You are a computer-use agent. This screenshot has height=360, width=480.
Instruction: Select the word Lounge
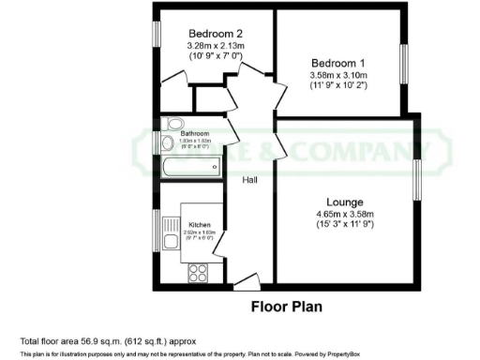click(345, 202)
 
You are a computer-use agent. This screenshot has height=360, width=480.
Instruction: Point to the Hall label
click(251, 180)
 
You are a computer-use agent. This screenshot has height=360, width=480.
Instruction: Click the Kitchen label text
click(199, 225)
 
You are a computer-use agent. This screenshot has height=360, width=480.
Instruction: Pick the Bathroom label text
click(195, 134)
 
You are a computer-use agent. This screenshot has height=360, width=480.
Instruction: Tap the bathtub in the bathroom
click(192, 170)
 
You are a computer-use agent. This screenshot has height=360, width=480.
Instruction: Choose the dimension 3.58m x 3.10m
click(338, 75)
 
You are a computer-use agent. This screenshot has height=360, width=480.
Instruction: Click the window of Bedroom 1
click(405, 68)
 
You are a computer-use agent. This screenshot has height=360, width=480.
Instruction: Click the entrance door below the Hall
click(247, 279)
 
